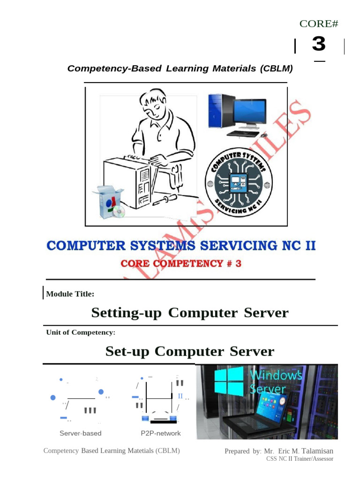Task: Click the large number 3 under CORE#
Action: click(318, 45)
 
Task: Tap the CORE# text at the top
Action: click(319, 23)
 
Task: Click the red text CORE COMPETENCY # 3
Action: click(181, 263)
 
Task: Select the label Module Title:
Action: click(70, 294)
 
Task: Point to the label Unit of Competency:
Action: click(81, 332)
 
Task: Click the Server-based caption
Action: click(80, 433)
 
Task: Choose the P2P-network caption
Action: click(160, 433)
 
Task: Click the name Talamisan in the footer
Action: click(317, 451)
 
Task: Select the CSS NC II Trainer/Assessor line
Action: click(300, 459)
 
